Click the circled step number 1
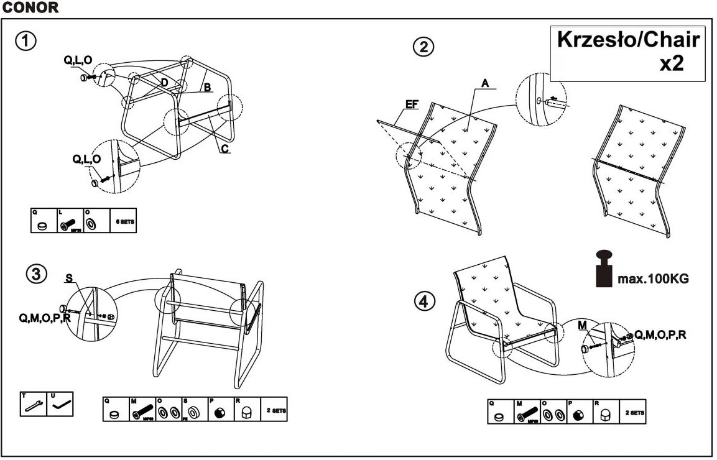pos(25,42)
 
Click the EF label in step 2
pos(411,105)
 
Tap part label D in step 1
pos(164,83)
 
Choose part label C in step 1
pos(224,149)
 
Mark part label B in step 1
pos(208,88)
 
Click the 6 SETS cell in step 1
pos(123,221)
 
